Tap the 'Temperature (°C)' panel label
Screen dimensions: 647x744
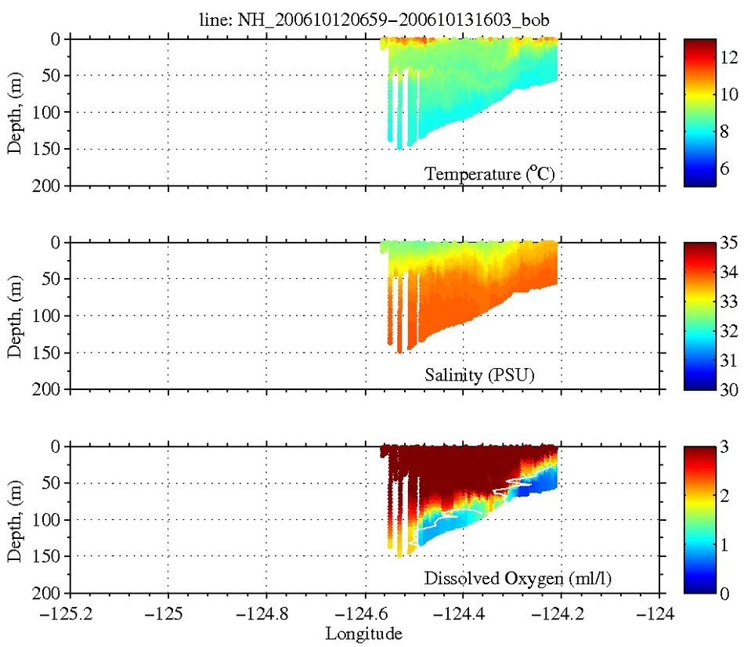[489, 173]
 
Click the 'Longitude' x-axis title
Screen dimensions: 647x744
[366, 632]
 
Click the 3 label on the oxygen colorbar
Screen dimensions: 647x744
[725, 446]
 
